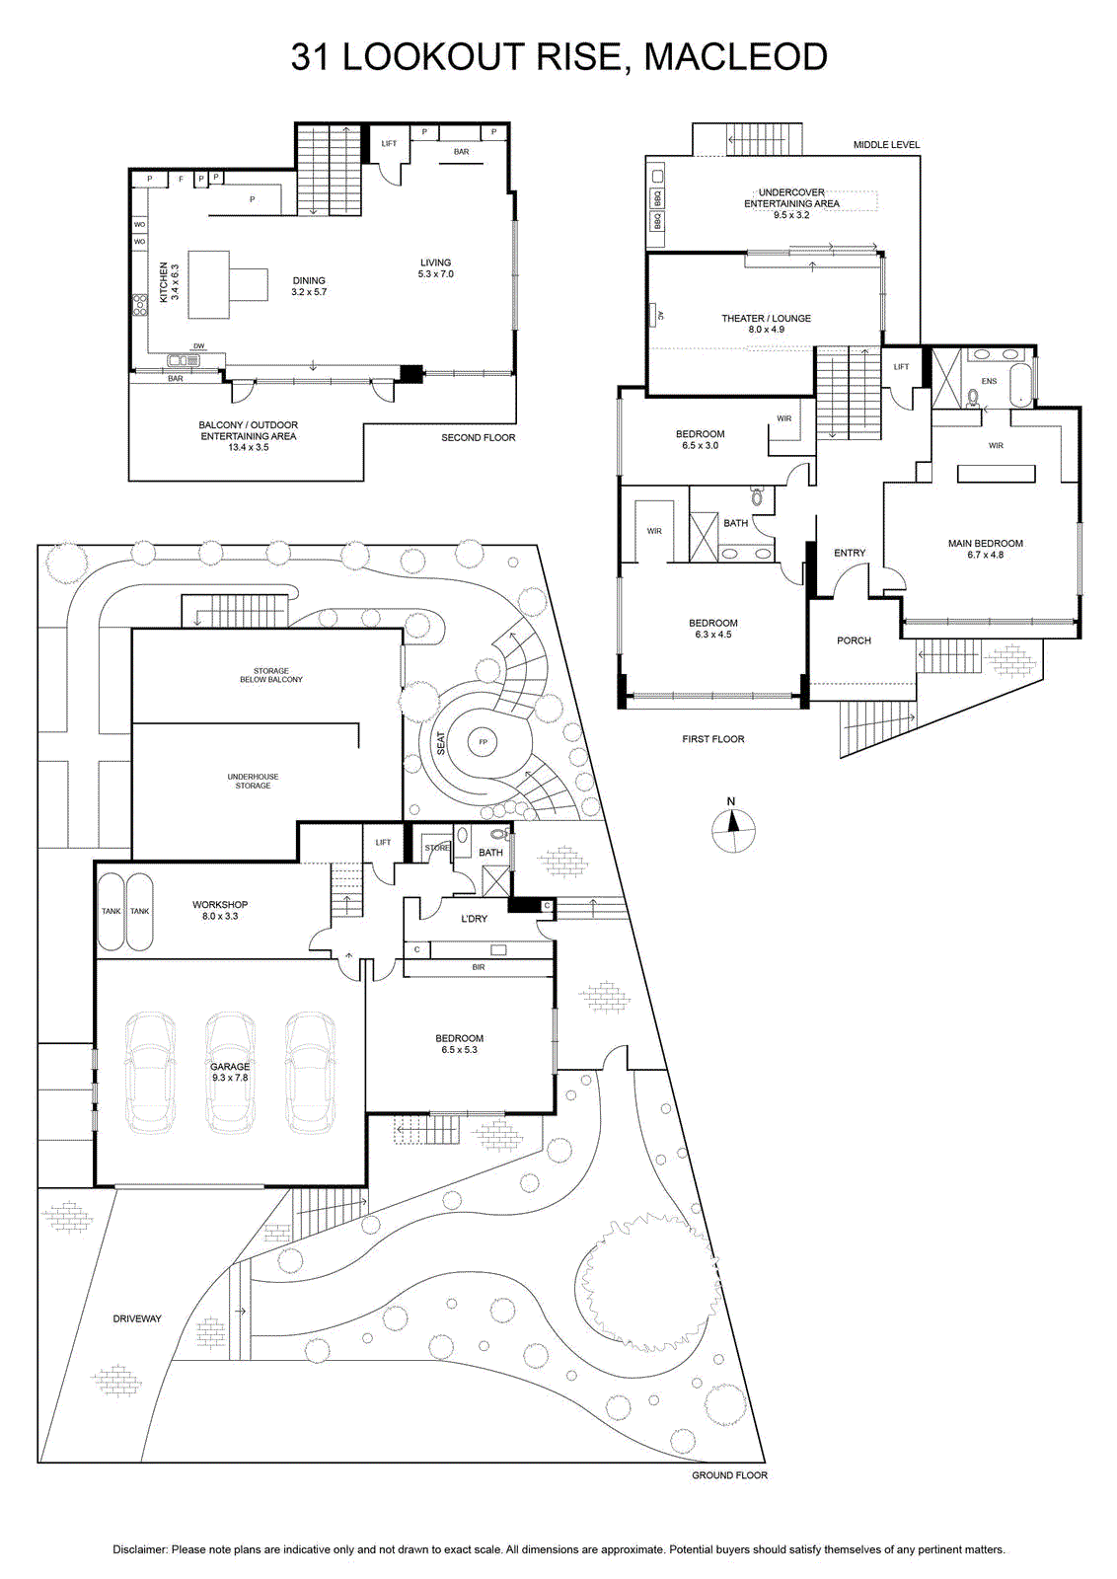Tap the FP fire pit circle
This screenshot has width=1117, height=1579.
pyautogui.click(x=484, y=741)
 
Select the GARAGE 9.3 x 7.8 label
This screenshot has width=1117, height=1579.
pyautogui.click(x=230, y=1072)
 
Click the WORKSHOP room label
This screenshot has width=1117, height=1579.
pyautogui.click(x=220, y=904)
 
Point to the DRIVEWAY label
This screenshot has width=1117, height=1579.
pyautogui.click(x=137, y=1318)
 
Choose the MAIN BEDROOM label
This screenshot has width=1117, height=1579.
pyautogui.click(x=985, y=544)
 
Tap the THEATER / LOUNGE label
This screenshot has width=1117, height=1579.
pyautogui.click(x=766, y=319)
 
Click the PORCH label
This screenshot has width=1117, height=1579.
pyautogui.click(x=855, y=640)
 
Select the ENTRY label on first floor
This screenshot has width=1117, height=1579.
pyautogui.click(x=850, y=554)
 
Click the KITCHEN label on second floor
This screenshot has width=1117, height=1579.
pyautogui.click(x=164, y=282)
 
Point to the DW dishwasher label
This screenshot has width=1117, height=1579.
pyautogui.click(x=198, y=346)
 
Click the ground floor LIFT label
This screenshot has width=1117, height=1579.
pyautogui.click(x=384, y=843)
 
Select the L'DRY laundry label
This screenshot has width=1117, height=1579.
pyautogui.click(x=474, y=919)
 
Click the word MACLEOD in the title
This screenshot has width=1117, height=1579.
pyautogui.click(x=736, y=56)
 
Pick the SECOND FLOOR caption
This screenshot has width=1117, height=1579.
pyautogui.click(x=479, y=438)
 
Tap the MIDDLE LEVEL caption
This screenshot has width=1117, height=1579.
pyautogui.click(x=886, y=145)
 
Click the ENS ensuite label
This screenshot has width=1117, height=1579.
pyautogui.click(x=989, y=381)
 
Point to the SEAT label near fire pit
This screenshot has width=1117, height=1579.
pyautogui.click(x=441, y=744)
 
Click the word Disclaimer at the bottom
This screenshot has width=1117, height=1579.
pyautogui.click(x=140, y=1549)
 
